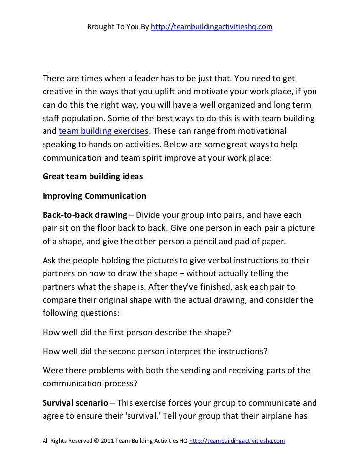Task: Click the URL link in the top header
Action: pyautogui.click(x=211, y=26)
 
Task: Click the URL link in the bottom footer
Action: pyautogui.click(x=237, y=440)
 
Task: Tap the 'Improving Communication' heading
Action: pyautogui.click(x=94, y=196)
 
